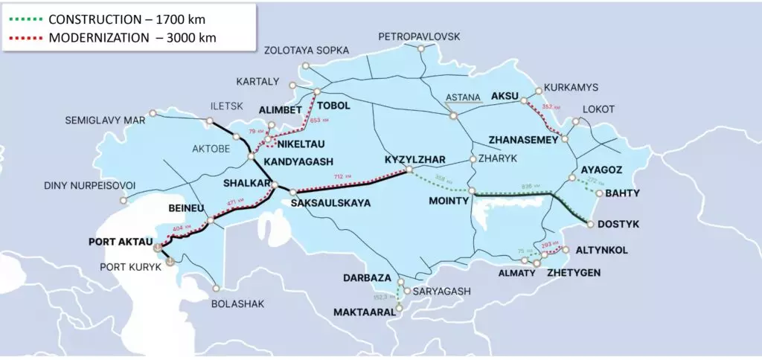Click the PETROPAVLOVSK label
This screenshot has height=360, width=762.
[419, 36]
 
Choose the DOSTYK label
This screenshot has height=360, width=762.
[618, 224]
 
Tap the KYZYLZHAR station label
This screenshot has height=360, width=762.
[414, 160]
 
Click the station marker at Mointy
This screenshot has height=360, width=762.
[472, 191]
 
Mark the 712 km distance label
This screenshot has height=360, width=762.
[343, 176]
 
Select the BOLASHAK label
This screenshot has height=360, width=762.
[237, 303]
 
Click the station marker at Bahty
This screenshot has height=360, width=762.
[600, 192]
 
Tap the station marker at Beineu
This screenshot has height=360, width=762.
[211, 220]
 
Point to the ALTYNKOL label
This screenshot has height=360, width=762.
[602, 251]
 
